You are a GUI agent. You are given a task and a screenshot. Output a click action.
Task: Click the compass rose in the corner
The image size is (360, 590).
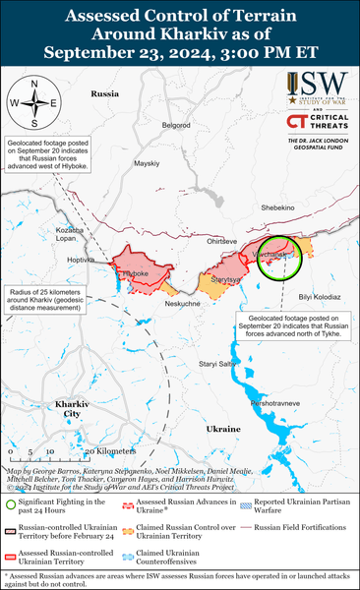pyautogui.click(x=32, y=102)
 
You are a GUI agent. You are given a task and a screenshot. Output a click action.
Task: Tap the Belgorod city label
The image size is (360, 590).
pyautogui.click(x=176, y=125)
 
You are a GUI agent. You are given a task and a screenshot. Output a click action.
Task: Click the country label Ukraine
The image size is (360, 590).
pyautogui.click(x=223, y=430)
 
